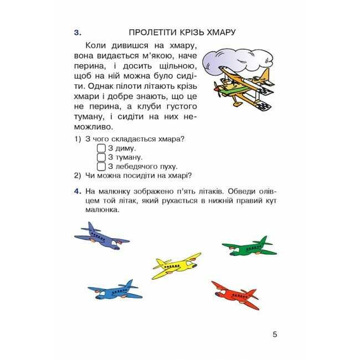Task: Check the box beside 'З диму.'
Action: click(101, 148)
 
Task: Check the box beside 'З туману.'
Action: click(101, 157)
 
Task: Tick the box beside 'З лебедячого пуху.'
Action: click(101, 166)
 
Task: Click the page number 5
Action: click(275, 334)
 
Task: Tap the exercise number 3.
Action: click(78, 32)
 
